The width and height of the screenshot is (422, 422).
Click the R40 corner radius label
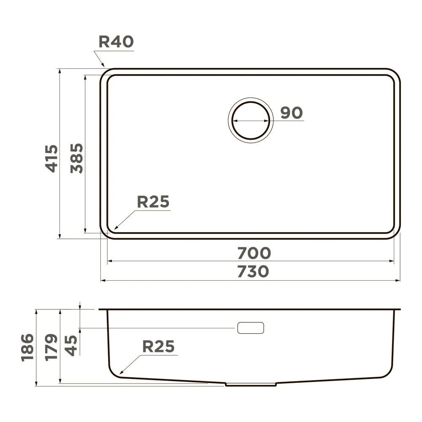[x=116, y=42]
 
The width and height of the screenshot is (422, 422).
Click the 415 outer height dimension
[x=51, y=159]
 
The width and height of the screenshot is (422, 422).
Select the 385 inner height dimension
[x=77, y=158]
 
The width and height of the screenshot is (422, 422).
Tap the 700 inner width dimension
[x=254, y=253]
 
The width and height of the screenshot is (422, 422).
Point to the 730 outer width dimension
[x=253, y=271]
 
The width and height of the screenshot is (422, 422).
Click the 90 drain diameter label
[x=292, y=113]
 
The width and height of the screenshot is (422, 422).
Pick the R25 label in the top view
[x=153, y=202]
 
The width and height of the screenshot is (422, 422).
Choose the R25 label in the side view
[x=158, y=346]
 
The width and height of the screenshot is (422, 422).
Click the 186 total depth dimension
[x=27, y=347]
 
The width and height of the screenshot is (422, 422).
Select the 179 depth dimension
[x=51, y=347]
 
